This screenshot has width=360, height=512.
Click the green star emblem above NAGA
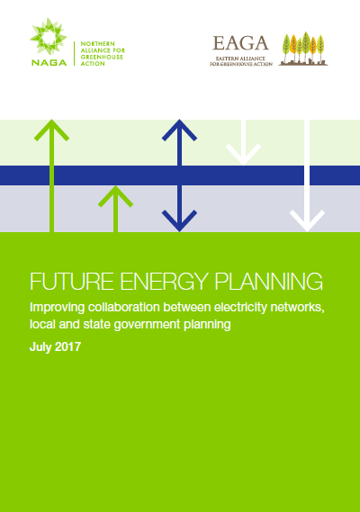[48, 37]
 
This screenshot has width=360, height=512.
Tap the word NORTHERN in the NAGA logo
[98, 44]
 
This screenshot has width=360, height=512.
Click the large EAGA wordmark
[240, 43]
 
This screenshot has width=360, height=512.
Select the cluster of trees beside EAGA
[302, 49]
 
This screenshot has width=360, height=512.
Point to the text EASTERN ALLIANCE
[240, 58]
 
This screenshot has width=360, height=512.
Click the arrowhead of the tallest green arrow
[51, 130]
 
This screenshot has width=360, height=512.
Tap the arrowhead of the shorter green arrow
[115, 196]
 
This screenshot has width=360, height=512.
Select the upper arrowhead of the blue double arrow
[179, 130]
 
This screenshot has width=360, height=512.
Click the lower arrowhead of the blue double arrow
[179, 221]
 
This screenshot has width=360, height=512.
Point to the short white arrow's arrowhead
[243, 155]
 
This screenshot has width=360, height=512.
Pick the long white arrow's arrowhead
[307, 221]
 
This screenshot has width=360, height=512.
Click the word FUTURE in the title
[72, 281]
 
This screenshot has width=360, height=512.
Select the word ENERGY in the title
[164, 281]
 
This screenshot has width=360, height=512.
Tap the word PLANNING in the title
[268, 281]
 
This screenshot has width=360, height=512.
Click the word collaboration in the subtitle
[124, 307]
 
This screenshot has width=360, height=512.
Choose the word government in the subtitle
[147, 325]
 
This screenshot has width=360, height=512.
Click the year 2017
[67, 346]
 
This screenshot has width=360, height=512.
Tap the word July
[40, 347]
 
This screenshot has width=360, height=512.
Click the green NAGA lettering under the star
[49, 62]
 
